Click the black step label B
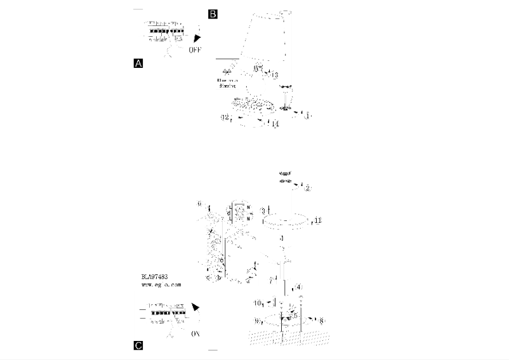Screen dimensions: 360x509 [213, 13]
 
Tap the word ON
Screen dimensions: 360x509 [196, 332]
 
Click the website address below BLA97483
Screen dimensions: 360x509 [161, 285]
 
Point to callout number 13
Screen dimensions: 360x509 [274, 75]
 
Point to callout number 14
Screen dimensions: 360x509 [275, 123]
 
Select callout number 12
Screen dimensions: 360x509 [224, 117]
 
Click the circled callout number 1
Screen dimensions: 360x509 [308, 116]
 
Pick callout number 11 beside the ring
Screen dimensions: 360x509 [318, 220]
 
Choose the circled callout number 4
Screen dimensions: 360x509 [299, 286]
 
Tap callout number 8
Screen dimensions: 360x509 [322, 321]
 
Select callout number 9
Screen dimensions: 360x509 [258, 321]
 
